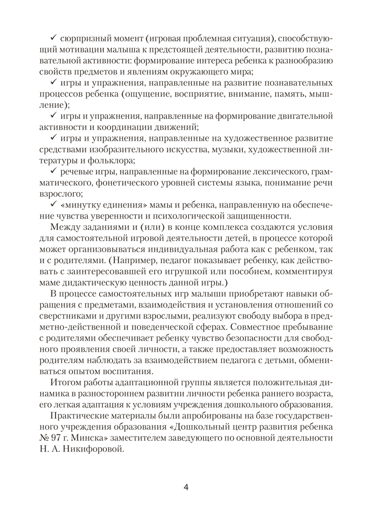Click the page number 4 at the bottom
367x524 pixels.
click(186, 487)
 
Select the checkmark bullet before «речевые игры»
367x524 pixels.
click(53, 172)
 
